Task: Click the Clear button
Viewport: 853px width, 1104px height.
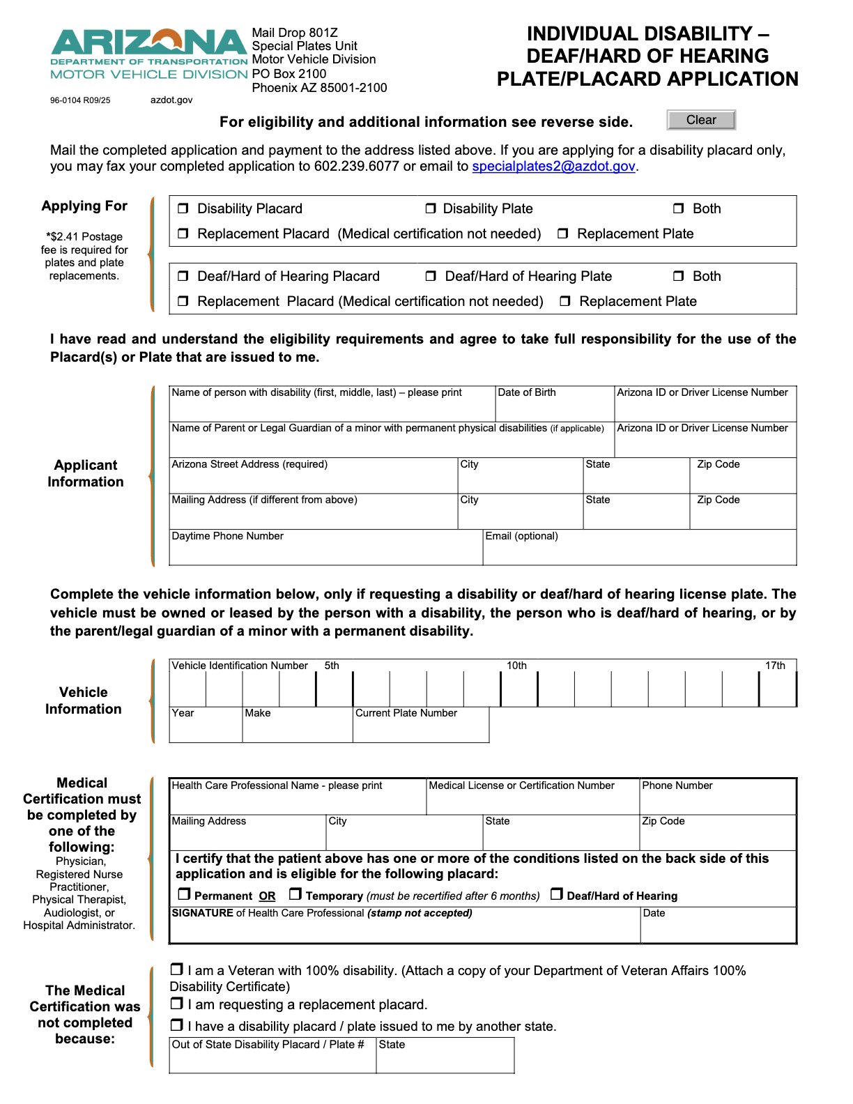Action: click(x=700, y=120)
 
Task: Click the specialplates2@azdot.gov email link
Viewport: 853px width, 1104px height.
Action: click(x=553, y=167)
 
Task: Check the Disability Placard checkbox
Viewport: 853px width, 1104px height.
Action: click(x=183, y=208)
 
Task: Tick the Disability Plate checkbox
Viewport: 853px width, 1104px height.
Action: click(x=431, y=208)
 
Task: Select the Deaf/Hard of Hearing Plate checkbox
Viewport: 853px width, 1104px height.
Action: click(x=431, y=276)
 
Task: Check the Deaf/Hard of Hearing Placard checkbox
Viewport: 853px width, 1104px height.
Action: click(x=183, y=276)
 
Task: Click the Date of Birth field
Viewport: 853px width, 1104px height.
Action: click(x=554, y=408)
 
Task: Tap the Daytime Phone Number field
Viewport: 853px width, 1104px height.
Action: click(x=325, y=551)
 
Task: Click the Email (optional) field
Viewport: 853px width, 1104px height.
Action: click(x=639, y=551)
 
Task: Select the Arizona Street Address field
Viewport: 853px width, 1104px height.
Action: click(x=313, y=480)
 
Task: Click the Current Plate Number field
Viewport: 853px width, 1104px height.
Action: click(x=420, y=729)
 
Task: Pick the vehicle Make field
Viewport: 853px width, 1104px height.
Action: click(x=297, y=729)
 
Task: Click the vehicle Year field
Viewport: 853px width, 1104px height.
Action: click(x=206, y=729)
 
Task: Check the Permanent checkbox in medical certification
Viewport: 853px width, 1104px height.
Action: click(x=184, y=894)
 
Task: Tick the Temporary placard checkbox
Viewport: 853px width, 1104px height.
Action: click(x=295, y=894)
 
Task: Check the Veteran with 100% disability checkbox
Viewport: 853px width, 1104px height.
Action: click(x=177, y=969)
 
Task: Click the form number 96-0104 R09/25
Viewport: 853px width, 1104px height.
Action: click(x=80, y=100)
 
